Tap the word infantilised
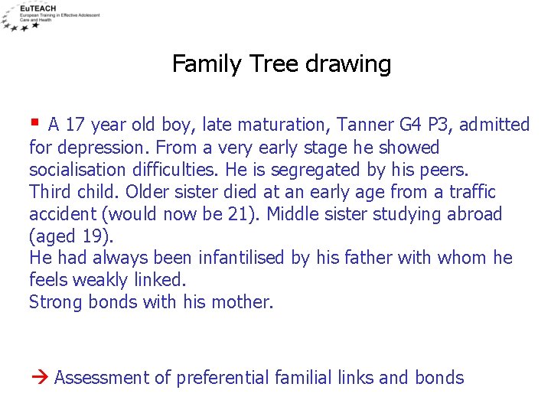pos(243,258)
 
